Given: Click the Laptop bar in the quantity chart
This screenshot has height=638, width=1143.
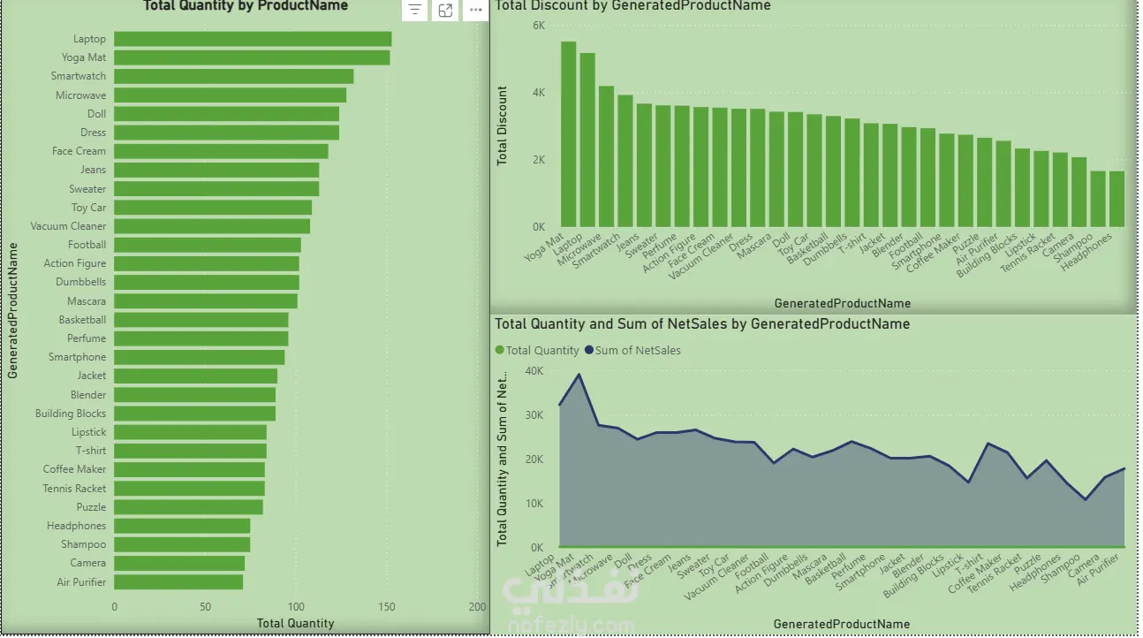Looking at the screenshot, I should [x=253, y=39].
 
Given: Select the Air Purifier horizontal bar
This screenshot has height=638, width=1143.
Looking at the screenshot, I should [x=178, y=582].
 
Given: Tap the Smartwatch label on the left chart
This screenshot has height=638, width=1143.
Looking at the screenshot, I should [x=78, y=77].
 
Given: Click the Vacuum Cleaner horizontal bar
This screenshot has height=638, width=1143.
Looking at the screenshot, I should [x=212, y=226].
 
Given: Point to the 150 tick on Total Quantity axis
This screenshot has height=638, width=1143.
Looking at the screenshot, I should [x=387, y=607].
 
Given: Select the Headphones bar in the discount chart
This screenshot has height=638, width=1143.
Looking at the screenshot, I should [x=1117, y=199].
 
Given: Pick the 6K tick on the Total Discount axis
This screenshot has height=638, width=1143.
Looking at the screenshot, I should [x=539, y=26].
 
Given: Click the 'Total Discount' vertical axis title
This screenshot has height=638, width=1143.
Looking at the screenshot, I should [x=503, y=125].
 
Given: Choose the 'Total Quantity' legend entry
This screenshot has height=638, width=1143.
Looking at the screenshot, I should [x=541, y=351].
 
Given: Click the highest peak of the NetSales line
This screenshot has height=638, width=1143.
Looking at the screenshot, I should [x=579, y=375].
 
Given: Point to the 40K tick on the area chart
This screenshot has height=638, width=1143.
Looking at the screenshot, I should [x=534, y=371].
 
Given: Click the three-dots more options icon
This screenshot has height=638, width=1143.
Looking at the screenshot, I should [x=476, y=11].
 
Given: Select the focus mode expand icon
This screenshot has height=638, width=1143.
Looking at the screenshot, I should [x=446, y=11].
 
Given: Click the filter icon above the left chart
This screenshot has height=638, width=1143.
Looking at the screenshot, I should [x=415, y=11].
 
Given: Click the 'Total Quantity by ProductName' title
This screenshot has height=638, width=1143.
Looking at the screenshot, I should [x=246, y=6].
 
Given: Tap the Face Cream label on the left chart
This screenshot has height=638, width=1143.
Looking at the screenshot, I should [x=79, y=151].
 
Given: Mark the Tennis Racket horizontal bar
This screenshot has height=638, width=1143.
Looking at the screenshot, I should [x=189, y=489].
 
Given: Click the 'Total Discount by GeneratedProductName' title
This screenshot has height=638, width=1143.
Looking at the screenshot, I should [x=632, y=6].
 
